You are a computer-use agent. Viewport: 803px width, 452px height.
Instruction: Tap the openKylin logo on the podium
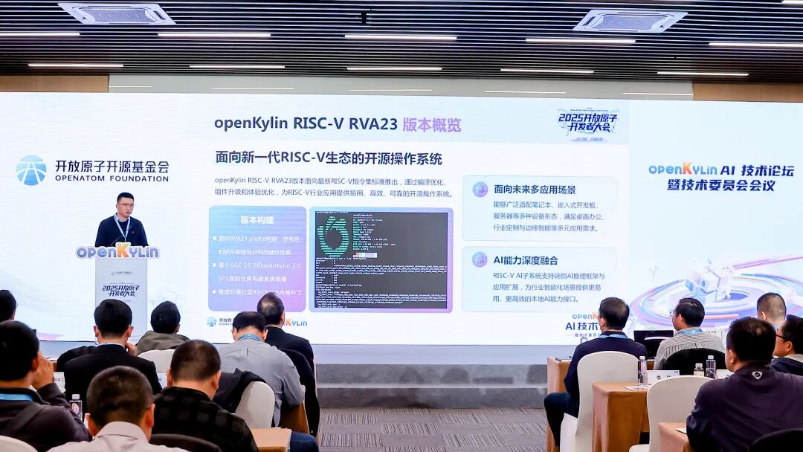pos(117,251)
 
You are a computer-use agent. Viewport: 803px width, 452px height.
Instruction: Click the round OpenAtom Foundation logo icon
pos(31,170)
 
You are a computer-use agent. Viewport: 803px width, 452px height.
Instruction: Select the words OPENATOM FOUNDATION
pos(112,178)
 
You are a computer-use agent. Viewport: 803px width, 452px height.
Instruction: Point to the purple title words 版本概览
pos(431,124)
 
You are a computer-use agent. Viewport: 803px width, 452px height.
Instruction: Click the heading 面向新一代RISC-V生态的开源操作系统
pos(328,158)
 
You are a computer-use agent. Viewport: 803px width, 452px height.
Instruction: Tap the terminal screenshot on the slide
pos(381,259)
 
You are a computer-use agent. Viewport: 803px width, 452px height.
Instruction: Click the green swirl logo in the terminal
pos(334,236)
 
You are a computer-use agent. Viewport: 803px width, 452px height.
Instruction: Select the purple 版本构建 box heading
pos(257,220)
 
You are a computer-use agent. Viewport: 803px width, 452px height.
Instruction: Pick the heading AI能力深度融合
pos(525,260)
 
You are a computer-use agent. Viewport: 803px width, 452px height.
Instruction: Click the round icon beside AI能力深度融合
pos(480,259)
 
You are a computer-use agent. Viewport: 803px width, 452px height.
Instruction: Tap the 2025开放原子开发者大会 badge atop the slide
pos(588,122)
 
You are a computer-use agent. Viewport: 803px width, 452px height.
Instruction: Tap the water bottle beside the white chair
pos(642,369)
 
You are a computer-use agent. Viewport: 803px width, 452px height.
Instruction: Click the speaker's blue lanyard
pos(123,227)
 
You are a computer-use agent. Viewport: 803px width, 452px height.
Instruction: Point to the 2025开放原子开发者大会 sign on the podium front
pos(120,289)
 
